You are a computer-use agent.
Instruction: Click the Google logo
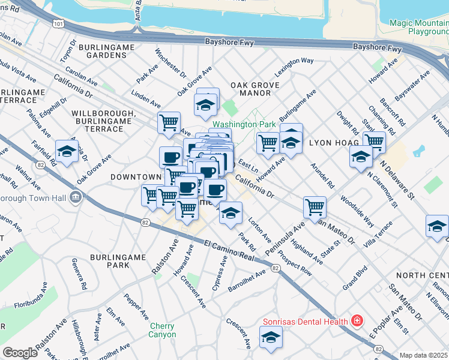click(20, 353)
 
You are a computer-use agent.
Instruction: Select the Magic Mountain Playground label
click(418, 26)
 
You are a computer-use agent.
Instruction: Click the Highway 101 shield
click(57, 23)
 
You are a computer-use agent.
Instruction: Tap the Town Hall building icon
click(75, 197)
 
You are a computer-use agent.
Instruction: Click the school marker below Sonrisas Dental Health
click(271, 338)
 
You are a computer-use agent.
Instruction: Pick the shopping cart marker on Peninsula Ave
click(315, 207)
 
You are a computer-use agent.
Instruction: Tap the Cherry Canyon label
click(163, 330)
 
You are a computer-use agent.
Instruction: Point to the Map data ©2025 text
click(424, 355)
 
